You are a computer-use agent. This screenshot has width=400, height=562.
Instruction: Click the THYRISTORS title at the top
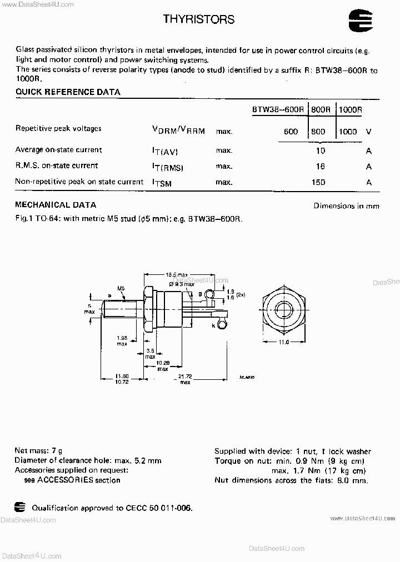point(199,19)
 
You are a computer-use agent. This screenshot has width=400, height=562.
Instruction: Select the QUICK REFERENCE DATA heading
point(68,92)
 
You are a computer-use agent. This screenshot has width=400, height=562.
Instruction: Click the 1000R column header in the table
point(351,110)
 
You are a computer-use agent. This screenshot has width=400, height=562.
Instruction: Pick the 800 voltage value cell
point(318,132)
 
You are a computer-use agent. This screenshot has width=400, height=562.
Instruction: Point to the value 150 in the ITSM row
point(318,182)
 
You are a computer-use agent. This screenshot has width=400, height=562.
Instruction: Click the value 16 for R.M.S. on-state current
point(320,166)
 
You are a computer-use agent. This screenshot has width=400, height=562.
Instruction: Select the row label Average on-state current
point(59,150)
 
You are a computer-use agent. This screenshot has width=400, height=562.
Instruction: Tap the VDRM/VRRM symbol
point(178,131)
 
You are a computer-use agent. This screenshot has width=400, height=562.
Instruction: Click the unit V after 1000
point(368,132)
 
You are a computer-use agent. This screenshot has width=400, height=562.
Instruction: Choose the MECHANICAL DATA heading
point(56,205)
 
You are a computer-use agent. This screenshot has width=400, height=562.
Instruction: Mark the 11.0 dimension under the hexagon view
point(284,342)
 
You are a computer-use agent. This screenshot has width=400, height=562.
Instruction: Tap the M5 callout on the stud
point(120,288)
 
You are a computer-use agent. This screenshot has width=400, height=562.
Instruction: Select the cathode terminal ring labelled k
point(222,323)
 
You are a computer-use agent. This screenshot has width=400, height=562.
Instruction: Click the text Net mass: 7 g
point(39,451)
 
